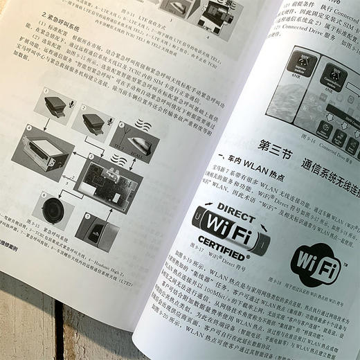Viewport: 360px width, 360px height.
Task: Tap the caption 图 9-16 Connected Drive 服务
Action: pos(318,138)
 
